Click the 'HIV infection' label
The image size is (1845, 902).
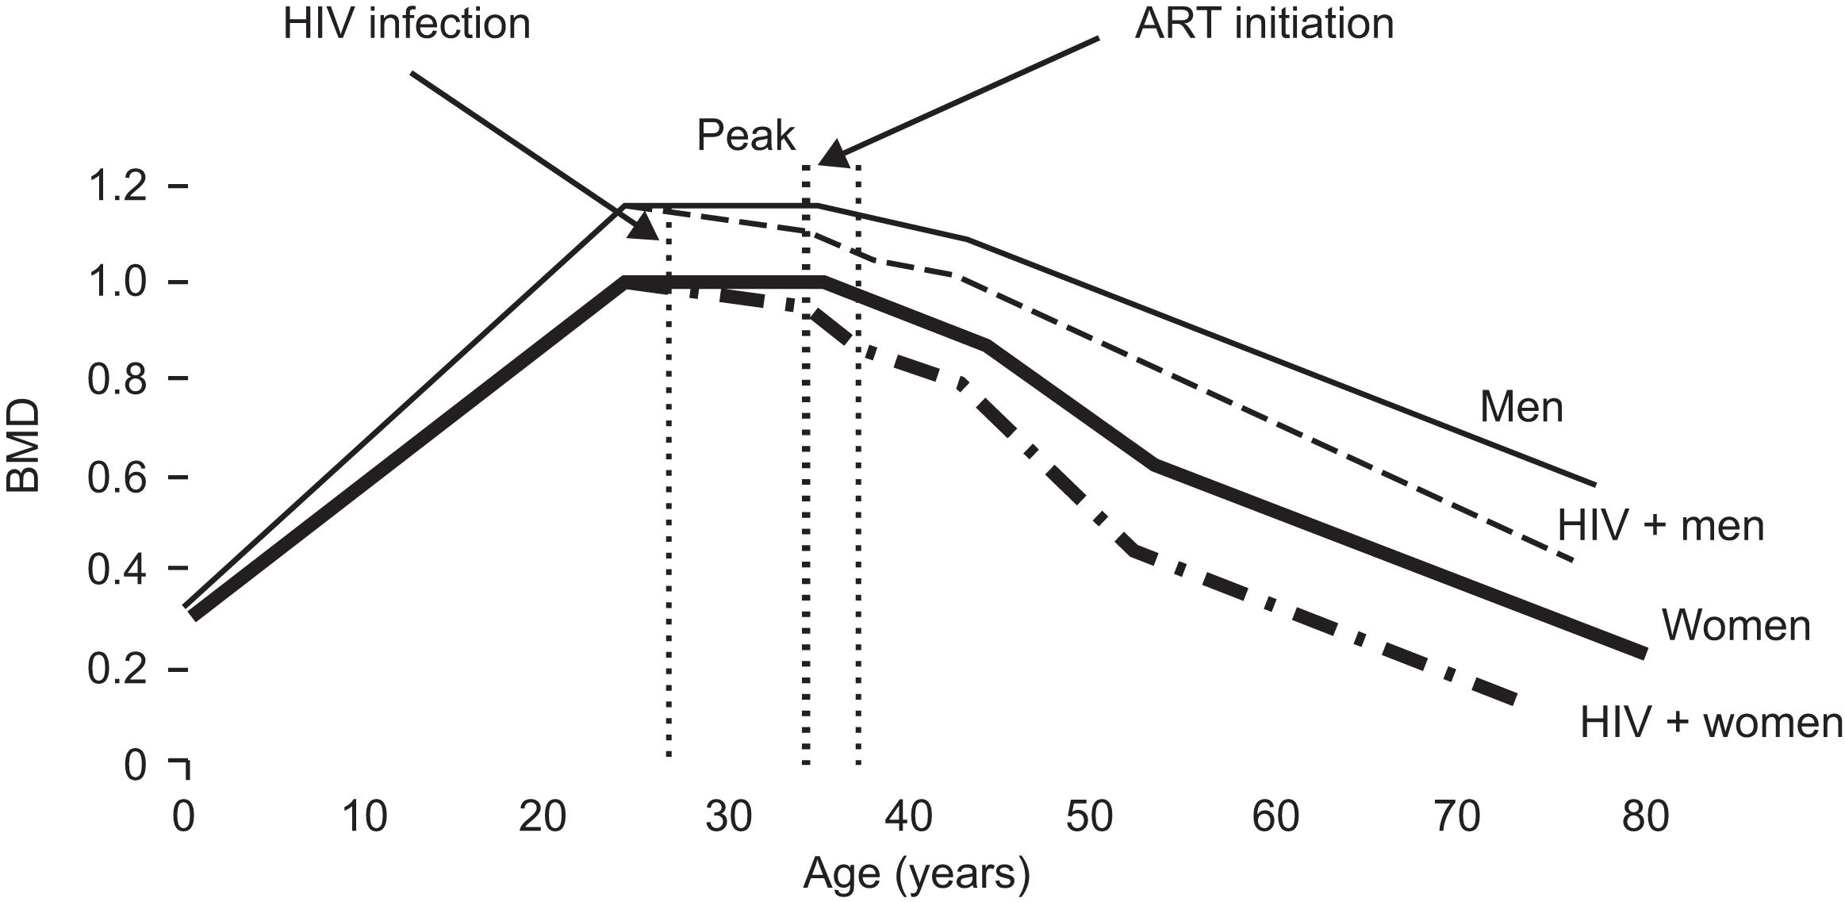pyautogui.click(x=407, y=24)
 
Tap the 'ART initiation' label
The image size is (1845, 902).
pyautogui.click(x=1264, y=24)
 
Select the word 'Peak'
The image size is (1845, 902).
pyautogui.click(x=746, y=136)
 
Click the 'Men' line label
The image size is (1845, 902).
pyautogui.click(x=1521, y=408)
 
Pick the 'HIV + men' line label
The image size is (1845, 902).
pyautogui.click(x=1661, y=526)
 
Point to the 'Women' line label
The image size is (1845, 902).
pyautogui.click(x=1736, y=626)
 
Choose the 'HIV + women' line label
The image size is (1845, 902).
pyautogui.click(x=1712, y=724)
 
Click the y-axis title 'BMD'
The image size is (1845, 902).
pyautogui.click(x=24, y=446)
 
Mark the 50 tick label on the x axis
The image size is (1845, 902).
pyautogui.click(x=1089, y=817)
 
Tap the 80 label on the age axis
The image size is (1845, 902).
pyautogui.click(x=1644, y=817)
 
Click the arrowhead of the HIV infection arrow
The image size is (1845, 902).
pyautogui.click(x=646, y=227)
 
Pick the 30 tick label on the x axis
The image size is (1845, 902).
pyautogui.click(x=728, y=817)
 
